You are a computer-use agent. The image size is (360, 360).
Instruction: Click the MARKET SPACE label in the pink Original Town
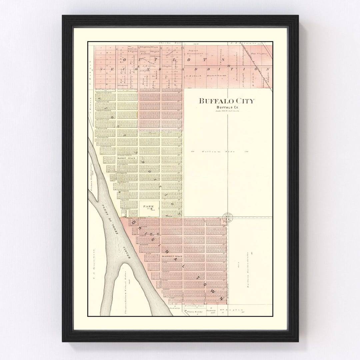click(172, 256)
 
